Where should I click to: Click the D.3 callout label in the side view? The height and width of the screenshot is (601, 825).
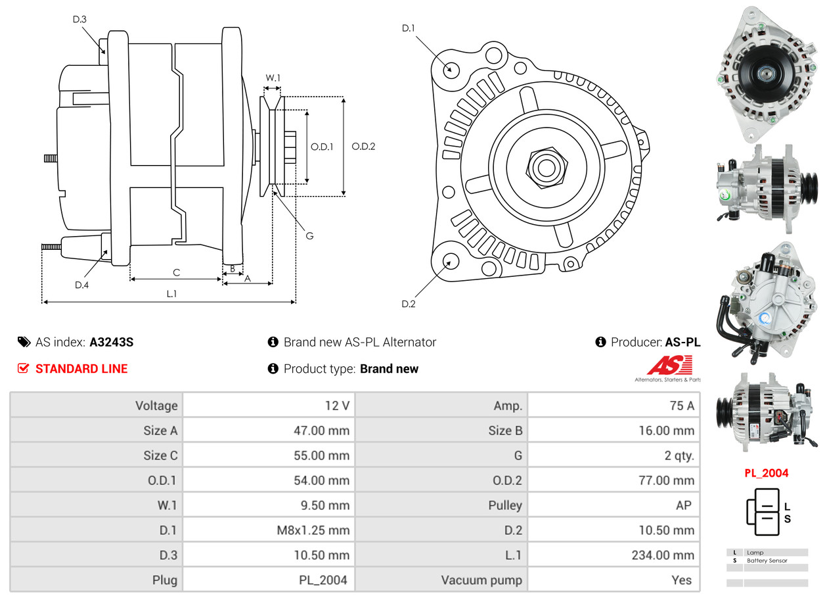point(79,20)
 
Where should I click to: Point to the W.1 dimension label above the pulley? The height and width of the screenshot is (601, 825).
point(273,78)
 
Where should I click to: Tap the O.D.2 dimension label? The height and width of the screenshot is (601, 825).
point(363,147)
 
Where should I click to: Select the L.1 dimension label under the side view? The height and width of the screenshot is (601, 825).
point(171,294)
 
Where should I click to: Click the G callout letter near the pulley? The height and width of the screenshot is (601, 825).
point(310,235)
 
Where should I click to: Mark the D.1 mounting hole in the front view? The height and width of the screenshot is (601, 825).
point(451,68)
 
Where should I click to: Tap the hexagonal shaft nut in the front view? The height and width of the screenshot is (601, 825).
point(545,166)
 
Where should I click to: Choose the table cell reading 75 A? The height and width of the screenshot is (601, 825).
point(681,406)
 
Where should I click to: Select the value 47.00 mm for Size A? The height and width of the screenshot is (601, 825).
point(321,431)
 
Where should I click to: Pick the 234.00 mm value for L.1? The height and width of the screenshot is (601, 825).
point(664,555)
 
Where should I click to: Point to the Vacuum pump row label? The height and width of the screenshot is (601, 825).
point(481,580)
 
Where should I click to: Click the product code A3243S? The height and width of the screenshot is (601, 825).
point(111,342)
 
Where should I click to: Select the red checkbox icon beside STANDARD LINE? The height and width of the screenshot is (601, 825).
point(23,369)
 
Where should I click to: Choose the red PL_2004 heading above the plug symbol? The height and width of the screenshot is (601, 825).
point(766,473)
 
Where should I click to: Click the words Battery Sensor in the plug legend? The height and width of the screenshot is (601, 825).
point(767,561)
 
